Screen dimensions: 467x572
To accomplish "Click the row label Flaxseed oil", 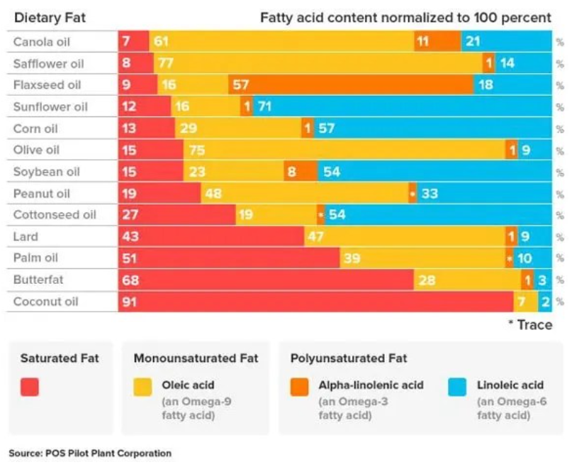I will click(47, 85).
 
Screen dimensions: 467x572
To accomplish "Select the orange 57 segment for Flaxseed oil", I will click(351, 85).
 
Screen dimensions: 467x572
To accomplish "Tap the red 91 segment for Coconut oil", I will click(315, 302).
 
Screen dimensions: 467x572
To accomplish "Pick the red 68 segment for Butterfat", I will click(266, 280).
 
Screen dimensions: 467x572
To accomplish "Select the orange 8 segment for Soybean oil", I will click(301, 172).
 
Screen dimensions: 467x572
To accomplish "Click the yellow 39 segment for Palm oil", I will click(422, 258).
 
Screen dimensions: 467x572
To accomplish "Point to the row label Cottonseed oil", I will click(55, 215).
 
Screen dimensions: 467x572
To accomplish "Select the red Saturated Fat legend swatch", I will click(30, 387).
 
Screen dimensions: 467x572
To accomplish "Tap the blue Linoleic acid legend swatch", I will click(457, 387).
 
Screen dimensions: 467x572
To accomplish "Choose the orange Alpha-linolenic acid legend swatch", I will click(300, 387).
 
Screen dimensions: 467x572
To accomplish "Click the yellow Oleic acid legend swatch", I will click(143, 387).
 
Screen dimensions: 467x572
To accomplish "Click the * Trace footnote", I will click(531, 324).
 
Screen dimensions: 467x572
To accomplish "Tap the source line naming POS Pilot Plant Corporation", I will click(90, 453).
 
